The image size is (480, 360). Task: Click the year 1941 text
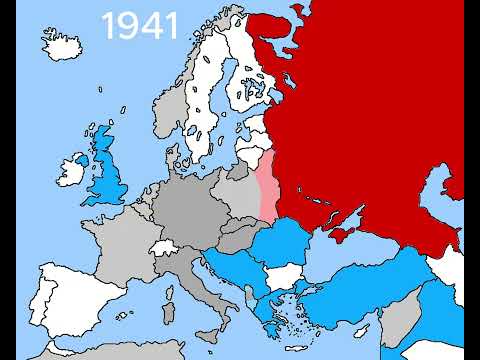(x=140, y=26)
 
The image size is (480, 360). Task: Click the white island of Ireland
(x=76, y=167)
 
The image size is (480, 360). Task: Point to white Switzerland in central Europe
(x=164, y=247)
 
